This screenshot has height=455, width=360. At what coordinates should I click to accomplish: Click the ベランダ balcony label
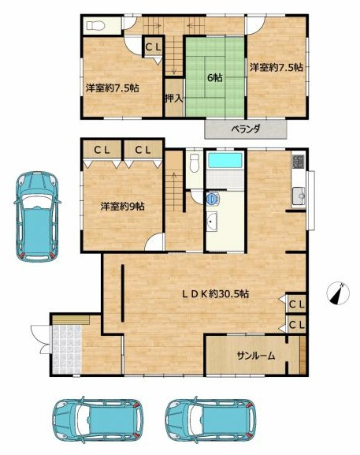(x=246, y=129)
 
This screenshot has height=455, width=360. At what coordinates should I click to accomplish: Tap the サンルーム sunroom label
(x=256, y=356)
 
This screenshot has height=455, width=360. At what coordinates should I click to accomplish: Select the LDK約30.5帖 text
(x=215, y=294)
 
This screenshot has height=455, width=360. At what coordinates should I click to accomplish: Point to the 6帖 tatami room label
(x=215, y=77)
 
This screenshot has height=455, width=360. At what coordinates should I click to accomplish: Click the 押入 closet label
(x=174, y=99)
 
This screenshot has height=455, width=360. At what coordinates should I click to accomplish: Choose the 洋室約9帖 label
(x=123, y=207)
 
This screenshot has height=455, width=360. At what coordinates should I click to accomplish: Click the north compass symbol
(x=338, y=293)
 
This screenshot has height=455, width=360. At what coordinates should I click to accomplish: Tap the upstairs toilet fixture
(x=95, y=26)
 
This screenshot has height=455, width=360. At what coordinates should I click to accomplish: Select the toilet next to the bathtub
(x=194, y=163)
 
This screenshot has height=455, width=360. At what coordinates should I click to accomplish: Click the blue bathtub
(x=225, y=160)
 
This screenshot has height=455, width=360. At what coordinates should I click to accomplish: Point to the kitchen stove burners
(x=298, y=162)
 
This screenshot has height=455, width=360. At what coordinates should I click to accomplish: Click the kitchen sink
(x=299, y=196)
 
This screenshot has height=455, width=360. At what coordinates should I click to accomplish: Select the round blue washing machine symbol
(x=213, y=198)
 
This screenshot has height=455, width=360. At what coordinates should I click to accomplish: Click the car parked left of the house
(x=37, y=217)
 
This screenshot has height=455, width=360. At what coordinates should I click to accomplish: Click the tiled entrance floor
(x=67, y=349)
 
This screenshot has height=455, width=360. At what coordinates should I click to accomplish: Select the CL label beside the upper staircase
(x=153, y=47)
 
